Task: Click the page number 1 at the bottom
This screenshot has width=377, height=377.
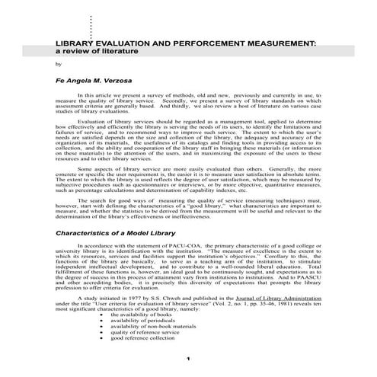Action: pyautogui.click(x=187, y=358)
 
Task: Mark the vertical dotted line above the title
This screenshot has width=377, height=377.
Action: pyautogui.click(x=91, y=27)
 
